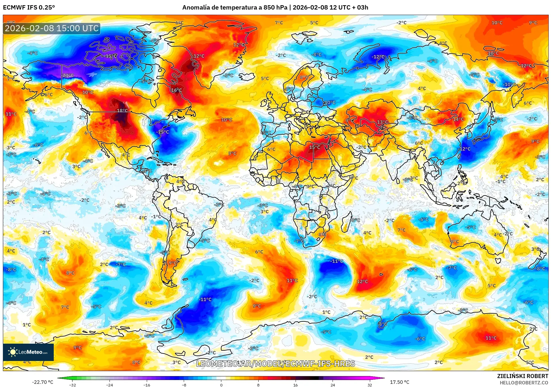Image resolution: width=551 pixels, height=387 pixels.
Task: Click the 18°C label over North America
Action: pyautogui.click(x=122, y=110)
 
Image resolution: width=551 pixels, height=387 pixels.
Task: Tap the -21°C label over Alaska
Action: pyautogui.click(x=68, y=75)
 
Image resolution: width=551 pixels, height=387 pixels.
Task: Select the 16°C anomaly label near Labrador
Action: pyautogui.click(x=176, y=90)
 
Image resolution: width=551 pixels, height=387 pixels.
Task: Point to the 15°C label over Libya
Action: pyautogui.click(x=314, y=147)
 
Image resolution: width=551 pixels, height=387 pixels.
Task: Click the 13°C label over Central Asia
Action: pyautogui.click(x=382, y=122)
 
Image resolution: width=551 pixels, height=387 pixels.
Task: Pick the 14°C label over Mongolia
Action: pyautogui.click(x=458, y=119)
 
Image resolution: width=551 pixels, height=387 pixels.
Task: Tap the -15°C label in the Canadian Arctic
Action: pyautogui.click(x=110, y=56)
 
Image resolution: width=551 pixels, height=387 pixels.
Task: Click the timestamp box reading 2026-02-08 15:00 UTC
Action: pyautogui.click(x=52, y=28)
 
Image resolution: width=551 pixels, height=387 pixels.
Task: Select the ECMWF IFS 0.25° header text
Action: pyautogui.click(x=29, y=8)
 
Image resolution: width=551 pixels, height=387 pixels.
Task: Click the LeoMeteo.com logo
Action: pyautogui.click(x=28, y=352)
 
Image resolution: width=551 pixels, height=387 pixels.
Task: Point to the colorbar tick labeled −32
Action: pyautogui.click(x=73, y=385)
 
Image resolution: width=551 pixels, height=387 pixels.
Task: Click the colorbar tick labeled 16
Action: pyautogui.click(x=295, y=385)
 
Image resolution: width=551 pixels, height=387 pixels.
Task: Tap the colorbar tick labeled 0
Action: pyautogui.click(x=221, y=385)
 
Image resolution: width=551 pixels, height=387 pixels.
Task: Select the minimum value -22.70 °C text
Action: pyautogui.click(x=42, y=382)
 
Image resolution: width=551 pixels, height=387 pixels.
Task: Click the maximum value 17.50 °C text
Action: pyautogui.click(x=400, y=382)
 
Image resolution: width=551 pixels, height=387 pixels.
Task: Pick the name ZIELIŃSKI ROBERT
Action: pyautogui.click(x=522, y=376)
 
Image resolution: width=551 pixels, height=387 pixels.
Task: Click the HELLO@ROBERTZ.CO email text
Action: pyautogui.click(x=524, y=383)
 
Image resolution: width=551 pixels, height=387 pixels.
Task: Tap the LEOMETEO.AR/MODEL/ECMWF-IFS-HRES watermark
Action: pyautogui.click(x=275, y=364)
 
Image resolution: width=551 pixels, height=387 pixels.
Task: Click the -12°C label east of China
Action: pyautogui.click(x=465, y=149)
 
